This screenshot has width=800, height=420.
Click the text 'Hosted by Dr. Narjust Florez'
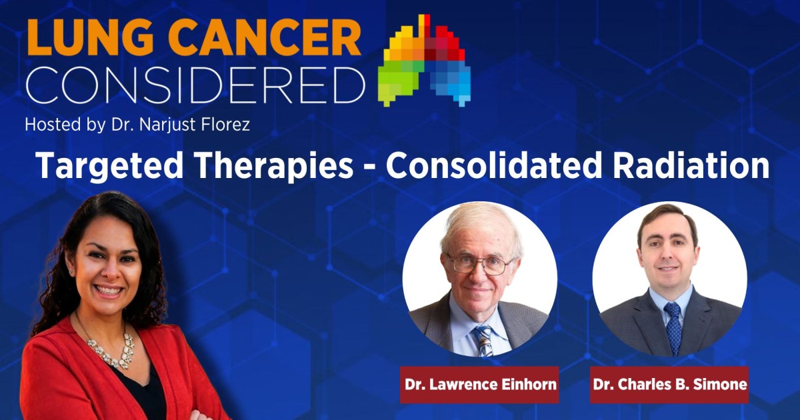pos(137,125)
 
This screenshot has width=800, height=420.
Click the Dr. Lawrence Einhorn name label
pos(479,385)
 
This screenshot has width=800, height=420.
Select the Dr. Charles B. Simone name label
pos(669,385)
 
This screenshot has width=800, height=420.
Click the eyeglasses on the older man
pos(479,264)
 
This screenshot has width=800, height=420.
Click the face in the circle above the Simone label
pos(667,257)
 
